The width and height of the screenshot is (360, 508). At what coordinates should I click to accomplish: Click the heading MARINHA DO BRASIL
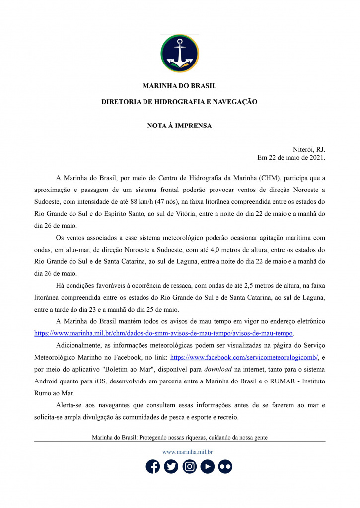(x=180, y=86)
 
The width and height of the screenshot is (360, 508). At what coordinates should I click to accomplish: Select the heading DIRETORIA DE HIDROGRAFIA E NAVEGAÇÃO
(x=180, y=102)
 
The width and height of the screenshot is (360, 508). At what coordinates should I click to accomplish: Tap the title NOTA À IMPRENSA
(x=180, y=126)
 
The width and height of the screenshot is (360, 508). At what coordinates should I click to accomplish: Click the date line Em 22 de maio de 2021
(x=291, y=158)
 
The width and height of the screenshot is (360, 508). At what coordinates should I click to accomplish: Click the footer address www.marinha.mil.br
(x=188, y=452)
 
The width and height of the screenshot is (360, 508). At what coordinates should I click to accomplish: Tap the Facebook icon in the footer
(x=153, y=466)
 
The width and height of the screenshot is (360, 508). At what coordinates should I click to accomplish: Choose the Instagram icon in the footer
(x=189, y=466)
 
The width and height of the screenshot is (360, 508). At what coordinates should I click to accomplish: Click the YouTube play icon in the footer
(x=208, y=466)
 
